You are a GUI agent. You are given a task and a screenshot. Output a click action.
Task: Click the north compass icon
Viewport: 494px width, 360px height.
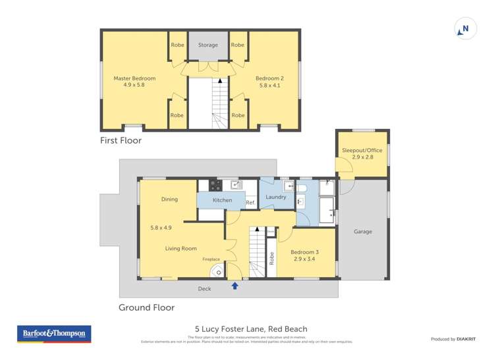pyautogui.click(x=465, y=29)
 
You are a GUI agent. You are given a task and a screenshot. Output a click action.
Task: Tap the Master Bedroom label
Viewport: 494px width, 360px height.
pyautogui.click(x=129, y=78)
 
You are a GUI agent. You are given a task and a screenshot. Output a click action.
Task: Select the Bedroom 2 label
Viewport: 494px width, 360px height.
pyautogui.click(x=269, y=78)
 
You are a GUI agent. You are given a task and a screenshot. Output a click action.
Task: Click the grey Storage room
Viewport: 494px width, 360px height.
pyautogui.click(x=208, y=45)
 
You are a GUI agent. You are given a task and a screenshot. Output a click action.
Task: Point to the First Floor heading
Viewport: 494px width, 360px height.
pyautogui.click(x=121, y=140)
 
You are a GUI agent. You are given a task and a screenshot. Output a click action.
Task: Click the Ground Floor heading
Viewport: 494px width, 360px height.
pyautogui.click(x=146, y=307)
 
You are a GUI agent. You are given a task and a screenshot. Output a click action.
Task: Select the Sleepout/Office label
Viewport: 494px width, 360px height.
pyautogui.click(x=362, y=151)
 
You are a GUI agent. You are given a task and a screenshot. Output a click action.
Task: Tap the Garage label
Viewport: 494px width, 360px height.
pyautogui.click(x=363, y=232)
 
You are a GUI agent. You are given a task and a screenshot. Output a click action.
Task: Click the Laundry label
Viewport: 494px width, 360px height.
pyautogui.click(x=275, y=197)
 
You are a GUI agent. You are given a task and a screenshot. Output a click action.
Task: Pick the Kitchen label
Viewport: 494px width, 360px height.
pyautogui.click(x=222, y=200)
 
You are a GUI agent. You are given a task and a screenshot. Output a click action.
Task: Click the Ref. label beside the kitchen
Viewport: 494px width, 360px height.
pyautogui.click(x=250, y=203)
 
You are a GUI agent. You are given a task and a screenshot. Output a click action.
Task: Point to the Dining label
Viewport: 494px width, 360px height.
pyautogui.click(x=169, y=199)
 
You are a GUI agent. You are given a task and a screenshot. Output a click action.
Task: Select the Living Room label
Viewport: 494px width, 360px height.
pyautogui.click(x=180, y=248)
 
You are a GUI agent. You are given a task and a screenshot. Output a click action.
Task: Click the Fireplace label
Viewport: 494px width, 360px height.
pyautogui.click(x=211, y=259)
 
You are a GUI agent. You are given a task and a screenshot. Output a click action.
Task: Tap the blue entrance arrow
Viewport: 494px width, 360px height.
pyautogui.click(x=235, y=286)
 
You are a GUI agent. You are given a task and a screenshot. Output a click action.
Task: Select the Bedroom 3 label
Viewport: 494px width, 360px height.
pyautogui.click(x=306, y=253)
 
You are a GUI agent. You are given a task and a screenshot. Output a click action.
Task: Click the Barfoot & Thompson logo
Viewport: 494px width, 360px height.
pyautogui.click(x=54, y=334)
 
